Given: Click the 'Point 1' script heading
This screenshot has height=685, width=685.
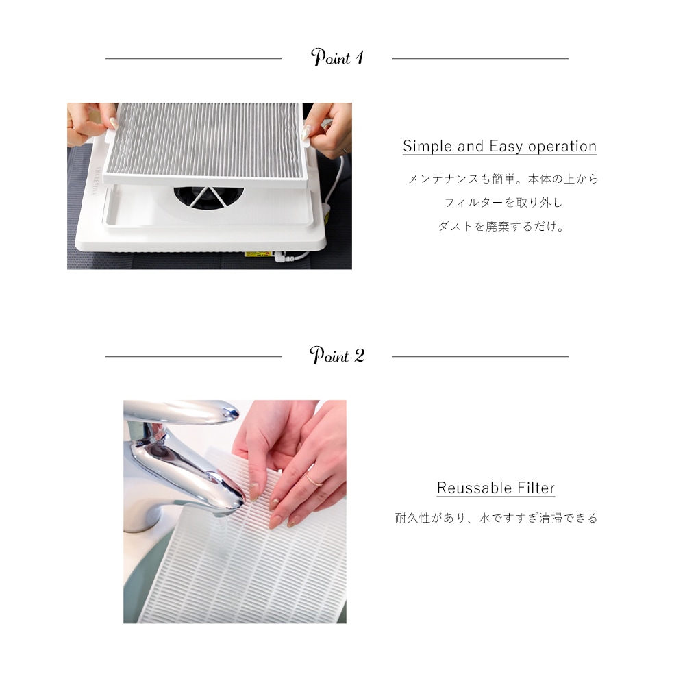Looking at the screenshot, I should pyautogui.click(x=337, y=58).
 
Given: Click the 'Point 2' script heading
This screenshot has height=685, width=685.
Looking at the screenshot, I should pyautogui.click(x=337, y=356).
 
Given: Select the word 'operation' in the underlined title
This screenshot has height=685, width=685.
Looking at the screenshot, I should pyautogui.click(x=562, y=147).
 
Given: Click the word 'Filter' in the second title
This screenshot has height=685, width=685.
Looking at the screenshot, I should pyautogui.click(x=536, y=488).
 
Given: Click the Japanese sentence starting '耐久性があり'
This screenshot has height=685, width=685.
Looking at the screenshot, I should pyautogui.click(x=496, y=519).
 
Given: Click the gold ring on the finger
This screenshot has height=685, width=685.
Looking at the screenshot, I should pyautogui.click(x=313, y=479).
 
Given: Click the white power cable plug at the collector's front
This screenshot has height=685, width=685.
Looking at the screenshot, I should pyautogui.click(x=282, y=259).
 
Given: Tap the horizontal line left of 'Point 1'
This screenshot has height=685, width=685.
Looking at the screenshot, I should pyautogui.click(x=193, y=59).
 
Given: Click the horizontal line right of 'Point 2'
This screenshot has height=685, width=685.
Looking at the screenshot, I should pyautogui.click(x=480, y=357).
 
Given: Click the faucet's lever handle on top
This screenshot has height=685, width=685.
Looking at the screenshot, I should pyautogui.click(x=182, y=410).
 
